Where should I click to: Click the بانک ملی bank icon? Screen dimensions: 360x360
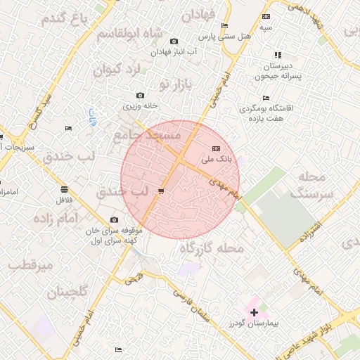(216, 148)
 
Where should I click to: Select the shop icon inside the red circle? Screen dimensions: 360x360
(162, 191)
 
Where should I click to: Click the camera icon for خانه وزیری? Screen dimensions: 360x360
(140, 96)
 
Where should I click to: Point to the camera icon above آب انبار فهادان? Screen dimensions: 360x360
(174, 41)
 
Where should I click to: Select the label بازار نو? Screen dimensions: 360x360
(175, 84)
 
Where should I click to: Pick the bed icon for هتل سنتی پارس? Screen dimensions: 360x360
(224, 26)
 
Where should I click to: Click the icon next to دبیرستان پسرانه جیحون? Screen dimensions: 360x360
(278, 55)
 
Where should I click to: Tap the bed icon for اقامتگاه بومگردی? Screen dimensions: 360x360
(265, 98)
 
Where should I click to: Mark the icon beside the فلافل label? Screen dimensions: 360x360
(65, 190)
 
